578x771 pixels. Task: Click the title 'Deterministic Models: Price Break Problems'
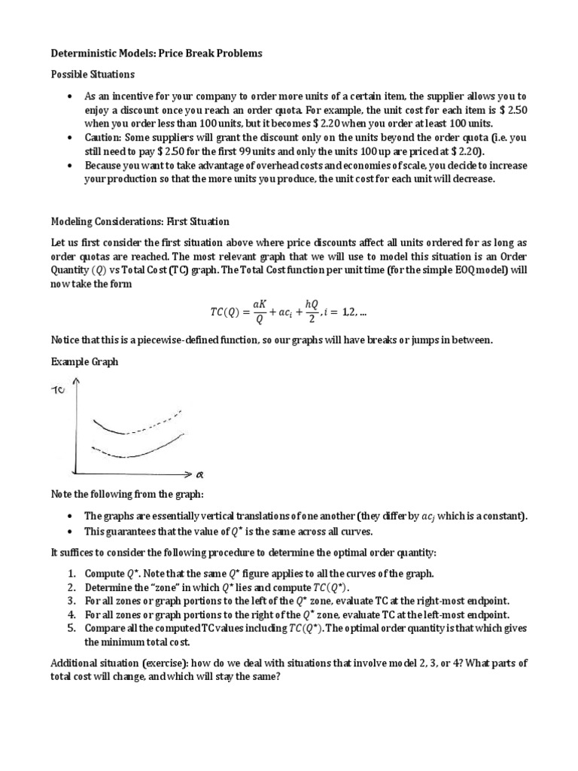click(157, 54)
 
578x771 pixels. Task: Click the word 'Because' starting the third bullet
click(106, 165)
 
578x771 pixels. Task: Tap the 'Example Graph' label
click(84, 362)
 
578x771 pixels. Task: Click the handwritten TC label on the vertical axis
click(58, 391)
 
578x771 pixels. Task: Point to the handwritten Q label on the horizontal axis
click(199, 475)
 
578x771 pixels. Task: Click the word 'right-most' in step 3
click(426, 600)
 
